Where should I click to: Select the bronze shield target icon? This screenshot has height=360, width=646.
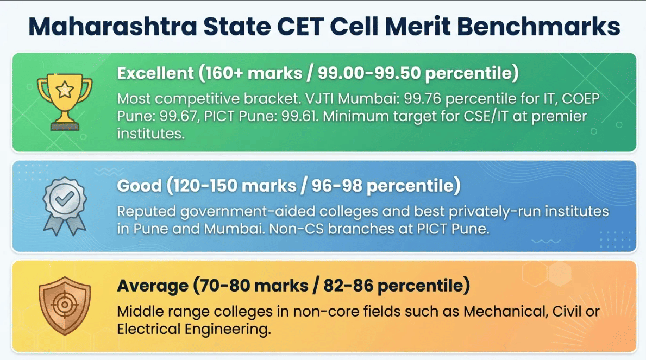pyautogui.click(x=65, y=305)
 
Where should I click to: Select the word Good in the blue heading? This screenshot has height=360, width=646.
pyautogui.click(x=139, y=186)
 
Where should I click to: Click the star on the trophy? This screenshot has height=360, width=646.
pyautogui.click(x=65, y=90)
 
